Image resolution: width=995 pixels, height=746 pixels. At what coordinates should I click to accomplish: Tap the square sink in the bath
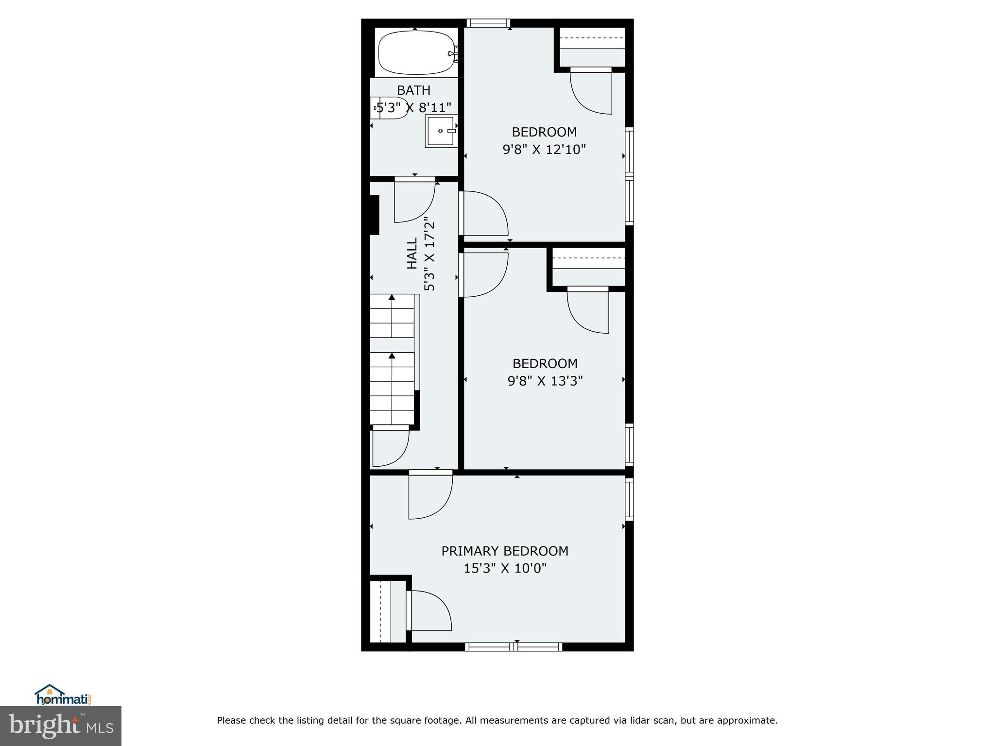441,131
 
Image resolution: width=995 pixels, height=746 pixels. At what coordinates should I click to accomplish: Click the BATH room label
413,90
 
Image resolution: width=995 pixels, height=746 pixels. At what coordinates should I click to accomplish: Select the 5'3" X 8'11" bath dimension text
414,107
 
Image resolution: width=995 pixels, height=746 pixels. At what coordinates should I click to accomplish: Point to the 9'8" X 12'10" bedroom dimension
544,149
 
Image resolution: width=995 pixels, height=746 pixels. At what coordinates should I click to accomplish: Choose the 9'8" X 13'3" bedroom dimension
545,381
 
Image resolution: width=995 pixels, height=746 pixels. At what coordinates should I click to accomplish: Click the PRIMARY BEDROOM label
505,551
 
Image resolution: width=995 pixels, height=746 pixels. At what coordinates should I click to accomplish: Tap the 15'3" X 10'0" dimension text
505,568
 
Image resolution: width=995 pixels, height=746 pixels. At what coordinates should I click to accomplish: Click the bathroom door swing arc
414,201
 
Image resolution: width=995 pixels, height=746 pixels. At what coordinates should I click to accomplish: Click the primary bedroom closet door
430,610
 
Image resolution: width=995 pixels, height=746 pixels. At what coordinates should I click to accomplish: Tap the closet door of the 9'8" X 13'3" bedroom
588,311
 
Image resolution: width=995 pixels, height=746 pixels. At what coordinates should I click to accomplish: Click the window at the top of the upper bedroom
488,23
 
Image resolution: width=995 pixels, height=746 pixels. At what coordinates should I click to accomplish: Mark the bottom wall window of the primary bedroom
514,646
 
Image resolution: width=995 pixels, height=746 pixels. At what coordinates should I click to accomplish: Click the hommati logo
63,695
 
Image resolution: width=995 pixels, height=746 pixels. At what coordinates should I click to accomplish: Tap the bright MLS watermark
61,726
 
